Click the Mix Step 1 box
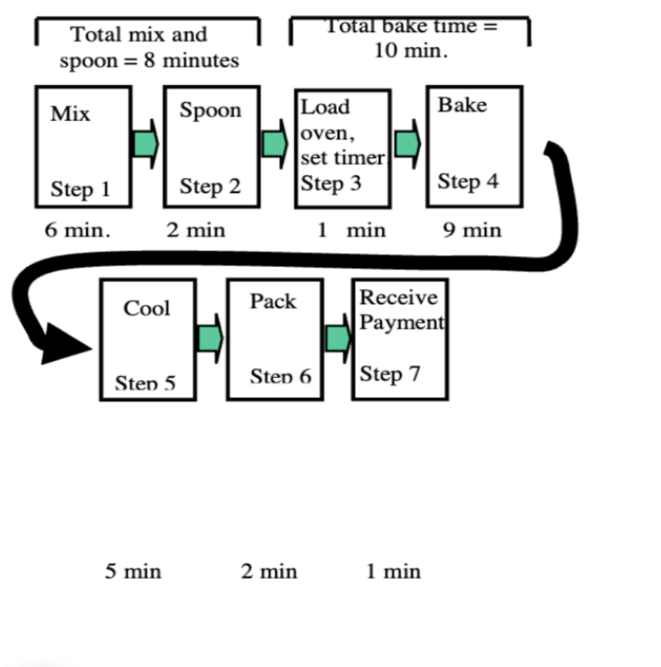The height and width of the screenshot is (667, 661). click(84, 147)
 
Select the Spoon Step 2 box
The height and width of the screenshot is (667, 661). click(211, 147)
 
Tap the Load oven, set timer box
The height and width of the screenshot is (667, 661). click(342, 148)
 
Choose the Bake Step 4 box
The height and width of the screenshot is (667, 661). click(474, 146)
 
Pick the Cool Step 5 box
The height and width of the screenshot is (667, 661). click(148, 339)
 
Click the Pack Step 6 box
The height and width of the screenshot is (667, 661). click(275, 339)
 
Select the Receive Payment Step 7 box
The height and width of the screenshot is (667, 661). click(400, 339)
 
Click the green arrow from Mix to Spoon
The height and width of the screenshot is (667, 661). click(146, 143)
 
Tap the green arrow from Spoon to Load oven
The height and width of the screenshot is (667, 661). click(275, 143)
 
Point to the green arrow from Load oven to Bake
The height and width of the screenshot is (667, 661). click(407, 143)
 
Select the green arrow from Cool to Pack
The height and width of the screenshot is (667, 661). click(210, 339)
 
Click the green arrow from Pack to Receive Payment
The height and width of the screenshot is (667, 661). click(338, 339)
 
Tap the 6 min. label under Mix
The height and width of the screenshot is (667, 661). click(78, 230)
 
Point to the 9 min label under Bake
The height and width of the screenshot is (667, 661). click(472, 230)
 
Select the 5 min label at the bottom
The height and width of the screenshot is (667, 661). click(133, 572)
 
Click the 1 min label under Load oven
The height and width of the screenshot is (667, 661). click(351, 230)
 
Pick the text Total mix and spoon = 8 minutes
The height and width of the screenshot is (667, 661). click(149, 47)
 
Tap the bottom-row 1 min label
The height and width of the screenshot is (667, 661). click(393, 572)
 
